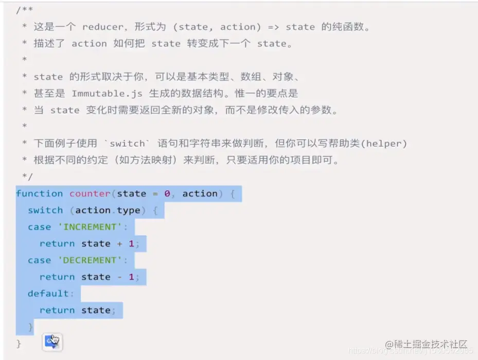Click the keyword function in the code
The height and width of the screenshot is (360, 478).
[x=39, y=194]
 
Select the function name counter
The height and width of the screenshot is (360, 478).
[x=90, y=194]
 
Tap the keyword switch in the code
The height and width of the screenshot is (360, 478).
[x=45, y=210]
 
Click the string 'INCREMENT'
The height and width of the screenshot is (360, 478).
[x=90, y=227]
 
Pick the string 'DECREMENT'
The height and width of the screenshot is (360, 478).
[x=90, y=260]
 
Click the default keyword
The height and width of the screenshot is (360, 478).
[x=48, y=294]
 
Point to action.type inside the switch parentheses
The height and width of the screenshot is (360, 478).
[x=108, y=210]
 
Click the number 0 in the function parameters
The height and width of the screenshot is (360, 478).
[x=167, y=194]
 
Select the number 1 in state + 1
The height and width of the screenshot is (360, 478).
[x=131, y=244]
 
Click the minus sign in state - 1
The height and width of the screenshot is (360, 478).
[x=119, y=277]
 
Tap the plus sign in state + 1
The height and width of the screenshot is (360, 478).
[x=119, y=244]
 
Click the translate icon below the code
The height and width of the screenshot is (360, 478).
[x=52, y=341]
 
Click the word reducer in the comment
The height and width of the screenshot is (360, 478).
[x=101, y=27]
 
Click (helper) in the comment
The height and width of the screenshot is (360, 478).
[x=384, y=144]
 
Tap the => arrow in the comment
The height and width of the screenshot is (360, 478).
[x=270, y=27]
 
